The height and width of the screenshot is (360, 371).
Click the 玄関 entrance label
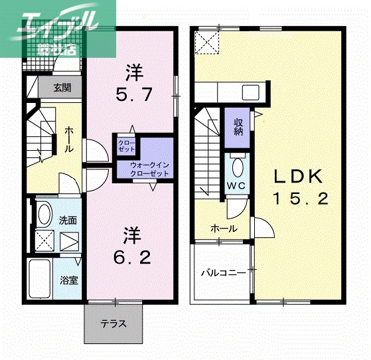[x=62, y=87]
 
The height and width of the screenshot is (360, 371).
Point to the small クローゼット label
[x=126, y=146]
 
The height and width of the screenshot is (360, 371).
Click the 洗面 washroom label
[x=68, y=220]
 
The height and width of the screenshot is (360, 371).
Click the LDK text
[x=299, y=176]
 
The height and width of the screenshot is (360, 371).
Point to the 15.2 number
[x=299, y=199]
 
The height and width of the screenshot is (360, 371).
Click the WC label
[x=237, y=185]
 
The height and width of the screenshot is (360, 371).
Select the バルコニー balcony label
[x=223, y=273]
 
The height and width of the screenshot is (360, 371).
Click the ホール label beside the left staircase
[x=69, y=140]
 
